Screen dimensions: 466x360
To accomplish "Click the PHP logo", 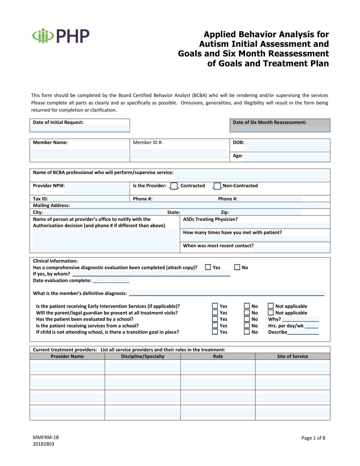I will coord(61,36).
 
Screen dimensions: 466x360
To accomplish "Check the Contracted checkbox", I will coord(174,186).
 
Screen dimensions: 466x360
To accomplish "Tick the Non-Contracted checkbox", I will coord(217,186).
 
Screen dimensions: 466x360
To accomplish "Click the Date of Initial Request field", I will coord(80,128).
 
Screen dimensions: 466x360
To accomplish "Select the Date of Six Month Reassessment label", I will coord(269,122).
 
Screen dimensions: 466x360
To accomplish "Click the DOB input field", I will coord(287,145).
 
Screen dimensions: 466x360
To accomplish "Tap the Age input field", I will coord(287,157).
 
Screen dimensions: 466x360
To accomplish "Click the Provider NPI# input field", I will coord(97,188).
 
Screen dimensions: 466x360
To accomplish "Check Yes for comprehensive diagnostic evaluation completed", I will coord(208,267).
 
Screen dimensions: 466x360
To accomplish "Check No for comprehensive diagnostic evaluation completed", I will coord(237,267).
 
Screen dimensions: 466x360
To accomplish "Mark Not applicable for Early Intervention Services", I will coord(271,306).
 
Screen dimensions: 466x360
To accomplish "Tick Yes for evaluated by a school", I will coord(215,319).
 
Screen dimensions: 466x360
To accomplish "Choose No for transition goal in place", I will coord(247,332).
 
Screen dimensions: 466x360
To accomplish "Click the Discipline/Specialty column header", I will coord(142,356).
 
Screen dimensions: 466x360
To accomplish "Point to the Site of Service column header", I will coord(292,356).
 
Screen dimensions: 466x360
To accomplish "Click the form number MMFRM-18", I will coord(46,437).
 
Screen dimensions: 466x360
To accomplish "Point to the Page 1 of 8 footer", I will coord(313,438).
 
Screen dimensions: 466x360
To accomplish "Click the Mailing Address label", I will coord(51,206).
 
